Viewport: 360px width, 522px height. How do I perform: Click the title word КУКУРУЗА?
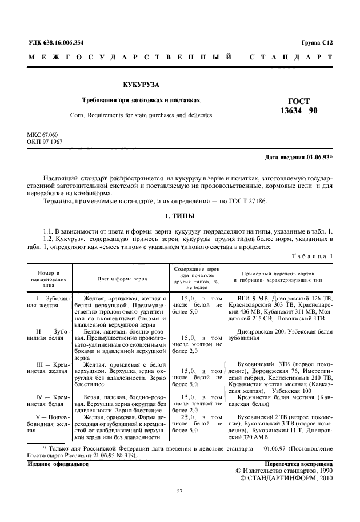[x=140, y=85]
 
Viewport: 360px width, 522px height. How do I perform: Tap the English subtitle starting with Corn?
[x=141, y=115]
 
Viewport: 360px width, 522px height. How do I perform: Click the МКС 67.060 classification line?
[x=43, y=134]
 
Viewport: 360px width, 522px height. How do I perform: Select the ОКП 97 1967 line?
[x=45, y=141]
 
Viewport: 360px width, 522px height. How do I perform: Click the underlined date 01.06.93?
[x=317, y=157]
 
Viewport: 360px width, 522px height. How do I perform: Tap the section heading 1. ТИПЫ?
[x=179, y=217]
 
